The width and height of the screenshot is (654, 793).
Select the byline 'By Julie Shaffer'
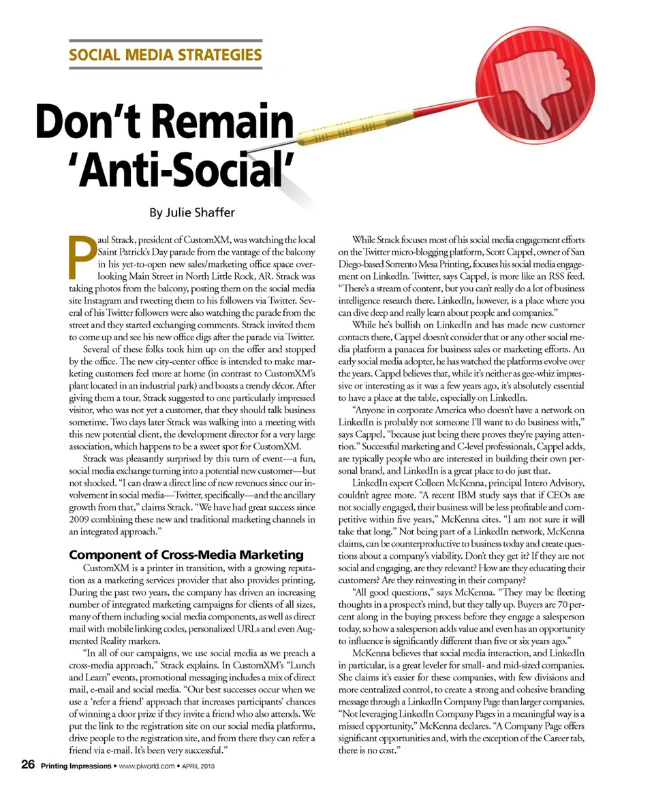191,212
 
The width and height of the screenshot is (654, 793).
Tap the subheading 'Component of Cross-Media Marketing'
187,555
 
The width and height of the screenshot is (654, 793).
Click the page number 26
27,766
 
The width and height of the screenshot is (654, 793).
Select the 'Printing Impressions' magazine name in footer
76,766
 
